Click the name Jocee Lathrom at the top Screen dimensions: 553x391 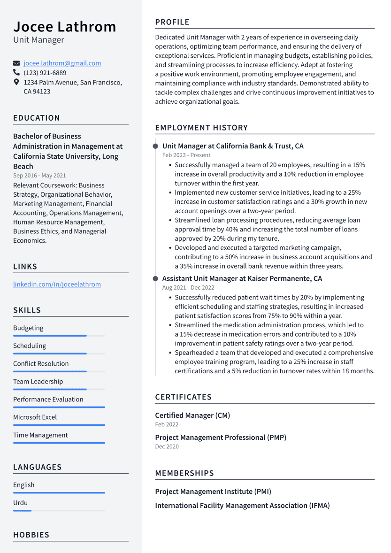pos(64,27)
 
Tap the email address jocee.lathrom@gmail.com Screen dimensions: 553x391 pos(62,63)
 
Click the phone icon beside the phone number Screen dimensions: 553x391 pos(16,73)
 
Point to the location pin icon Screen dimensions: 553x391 pos(16,82)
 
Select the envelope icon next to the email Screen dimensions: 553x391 pos(16,63)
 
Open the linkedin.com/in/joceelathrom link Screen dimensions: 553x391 pos(57,284)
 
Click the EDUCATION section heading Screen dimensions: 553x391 pos(37,118)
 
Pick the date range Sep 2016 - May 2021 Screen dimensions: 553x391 pos(39,176)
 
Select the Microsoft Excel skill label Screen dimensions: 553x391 pos(35,417)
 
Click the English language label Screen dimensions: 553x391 pos(23,485)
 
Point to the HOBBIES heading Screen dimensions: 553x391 pos(31,535)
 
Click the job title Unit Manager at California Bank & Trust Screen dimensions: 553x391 pos(233,146)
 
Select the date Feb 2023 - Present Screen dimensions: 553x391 pos(186,155)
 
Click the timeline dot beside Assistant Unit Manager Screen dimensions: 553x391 pos(155,279)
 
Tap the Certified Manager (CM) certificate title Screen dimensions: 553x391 pos(192,415)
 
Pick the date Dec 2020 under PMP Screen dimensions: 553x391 pos(167,446)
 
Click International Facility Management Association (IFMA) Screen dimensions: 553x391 pos(242,506)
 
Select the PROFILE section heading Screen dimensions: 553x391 pos(172,22)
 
